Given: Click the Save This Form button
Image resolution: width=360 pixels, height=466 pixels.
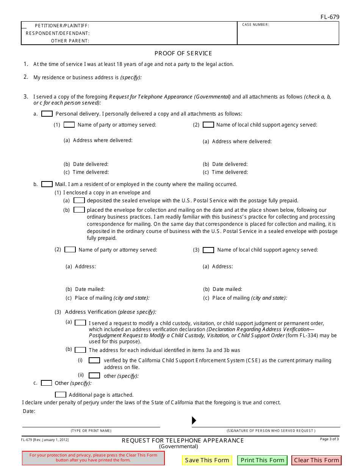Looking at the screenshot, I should coord(207,460).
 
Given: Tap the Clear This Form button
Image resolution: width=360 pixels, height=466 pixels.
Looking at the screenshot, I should coord(316,460).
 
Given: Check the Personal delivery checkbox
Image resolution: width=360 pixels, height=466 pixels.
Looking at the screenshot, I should coord(47,114).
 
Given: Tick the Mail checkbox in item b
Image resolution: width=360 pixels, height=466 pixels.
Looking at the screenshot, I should coord(47,184).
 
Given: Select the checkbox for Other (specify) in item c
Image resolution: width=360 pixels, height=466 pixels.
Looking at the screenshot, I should coord(46,383).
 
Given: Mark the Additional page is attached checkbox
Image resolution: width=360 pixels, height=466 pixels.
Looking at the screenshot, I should coord(61,395).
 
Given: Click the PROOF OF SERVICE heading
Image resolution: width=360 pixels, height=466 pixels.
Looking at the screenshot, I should coord(183,53).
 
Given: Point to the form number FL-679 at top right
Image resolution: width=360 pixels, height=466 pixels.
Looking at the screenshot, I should coord(329,17).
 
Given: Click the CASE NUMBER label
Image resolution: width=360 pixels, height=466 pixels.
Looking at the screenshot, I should coord(255,25).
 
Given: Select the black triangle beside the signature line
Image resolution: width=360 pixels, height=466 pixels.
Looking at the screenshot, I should coord(194,420).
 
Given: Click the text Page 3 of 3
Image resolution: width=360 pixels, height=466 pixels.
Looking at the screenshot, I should coord(329,439).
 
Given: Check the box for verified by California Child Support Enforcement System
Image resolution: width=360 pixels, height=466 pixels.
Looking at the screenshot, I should coord(94,360).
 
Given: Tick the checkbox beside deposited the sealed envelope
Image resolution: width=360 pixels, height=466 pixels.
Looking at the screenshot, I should coord(79,200).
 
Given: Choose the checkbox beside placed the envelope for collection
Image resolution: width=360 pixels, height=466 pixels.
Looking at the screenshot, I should coord(79,210).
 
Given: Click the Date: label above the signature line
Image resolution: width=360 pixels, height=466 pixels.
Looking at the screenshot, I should coord(29,411).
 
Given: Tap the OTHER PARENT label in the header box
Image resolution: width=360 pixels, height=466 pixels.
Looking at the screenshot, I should coord(70,41).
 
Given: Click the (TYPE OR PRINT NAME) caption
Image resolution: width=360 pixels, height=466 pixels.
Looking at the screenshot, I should coord(91,431).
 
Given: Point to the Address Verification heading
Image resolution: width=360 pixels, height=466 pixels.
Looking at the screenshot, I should coord(91,312).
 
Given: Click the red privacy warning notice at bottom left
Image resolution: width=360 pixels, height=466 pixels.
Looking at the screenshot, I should coord(93,458).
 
